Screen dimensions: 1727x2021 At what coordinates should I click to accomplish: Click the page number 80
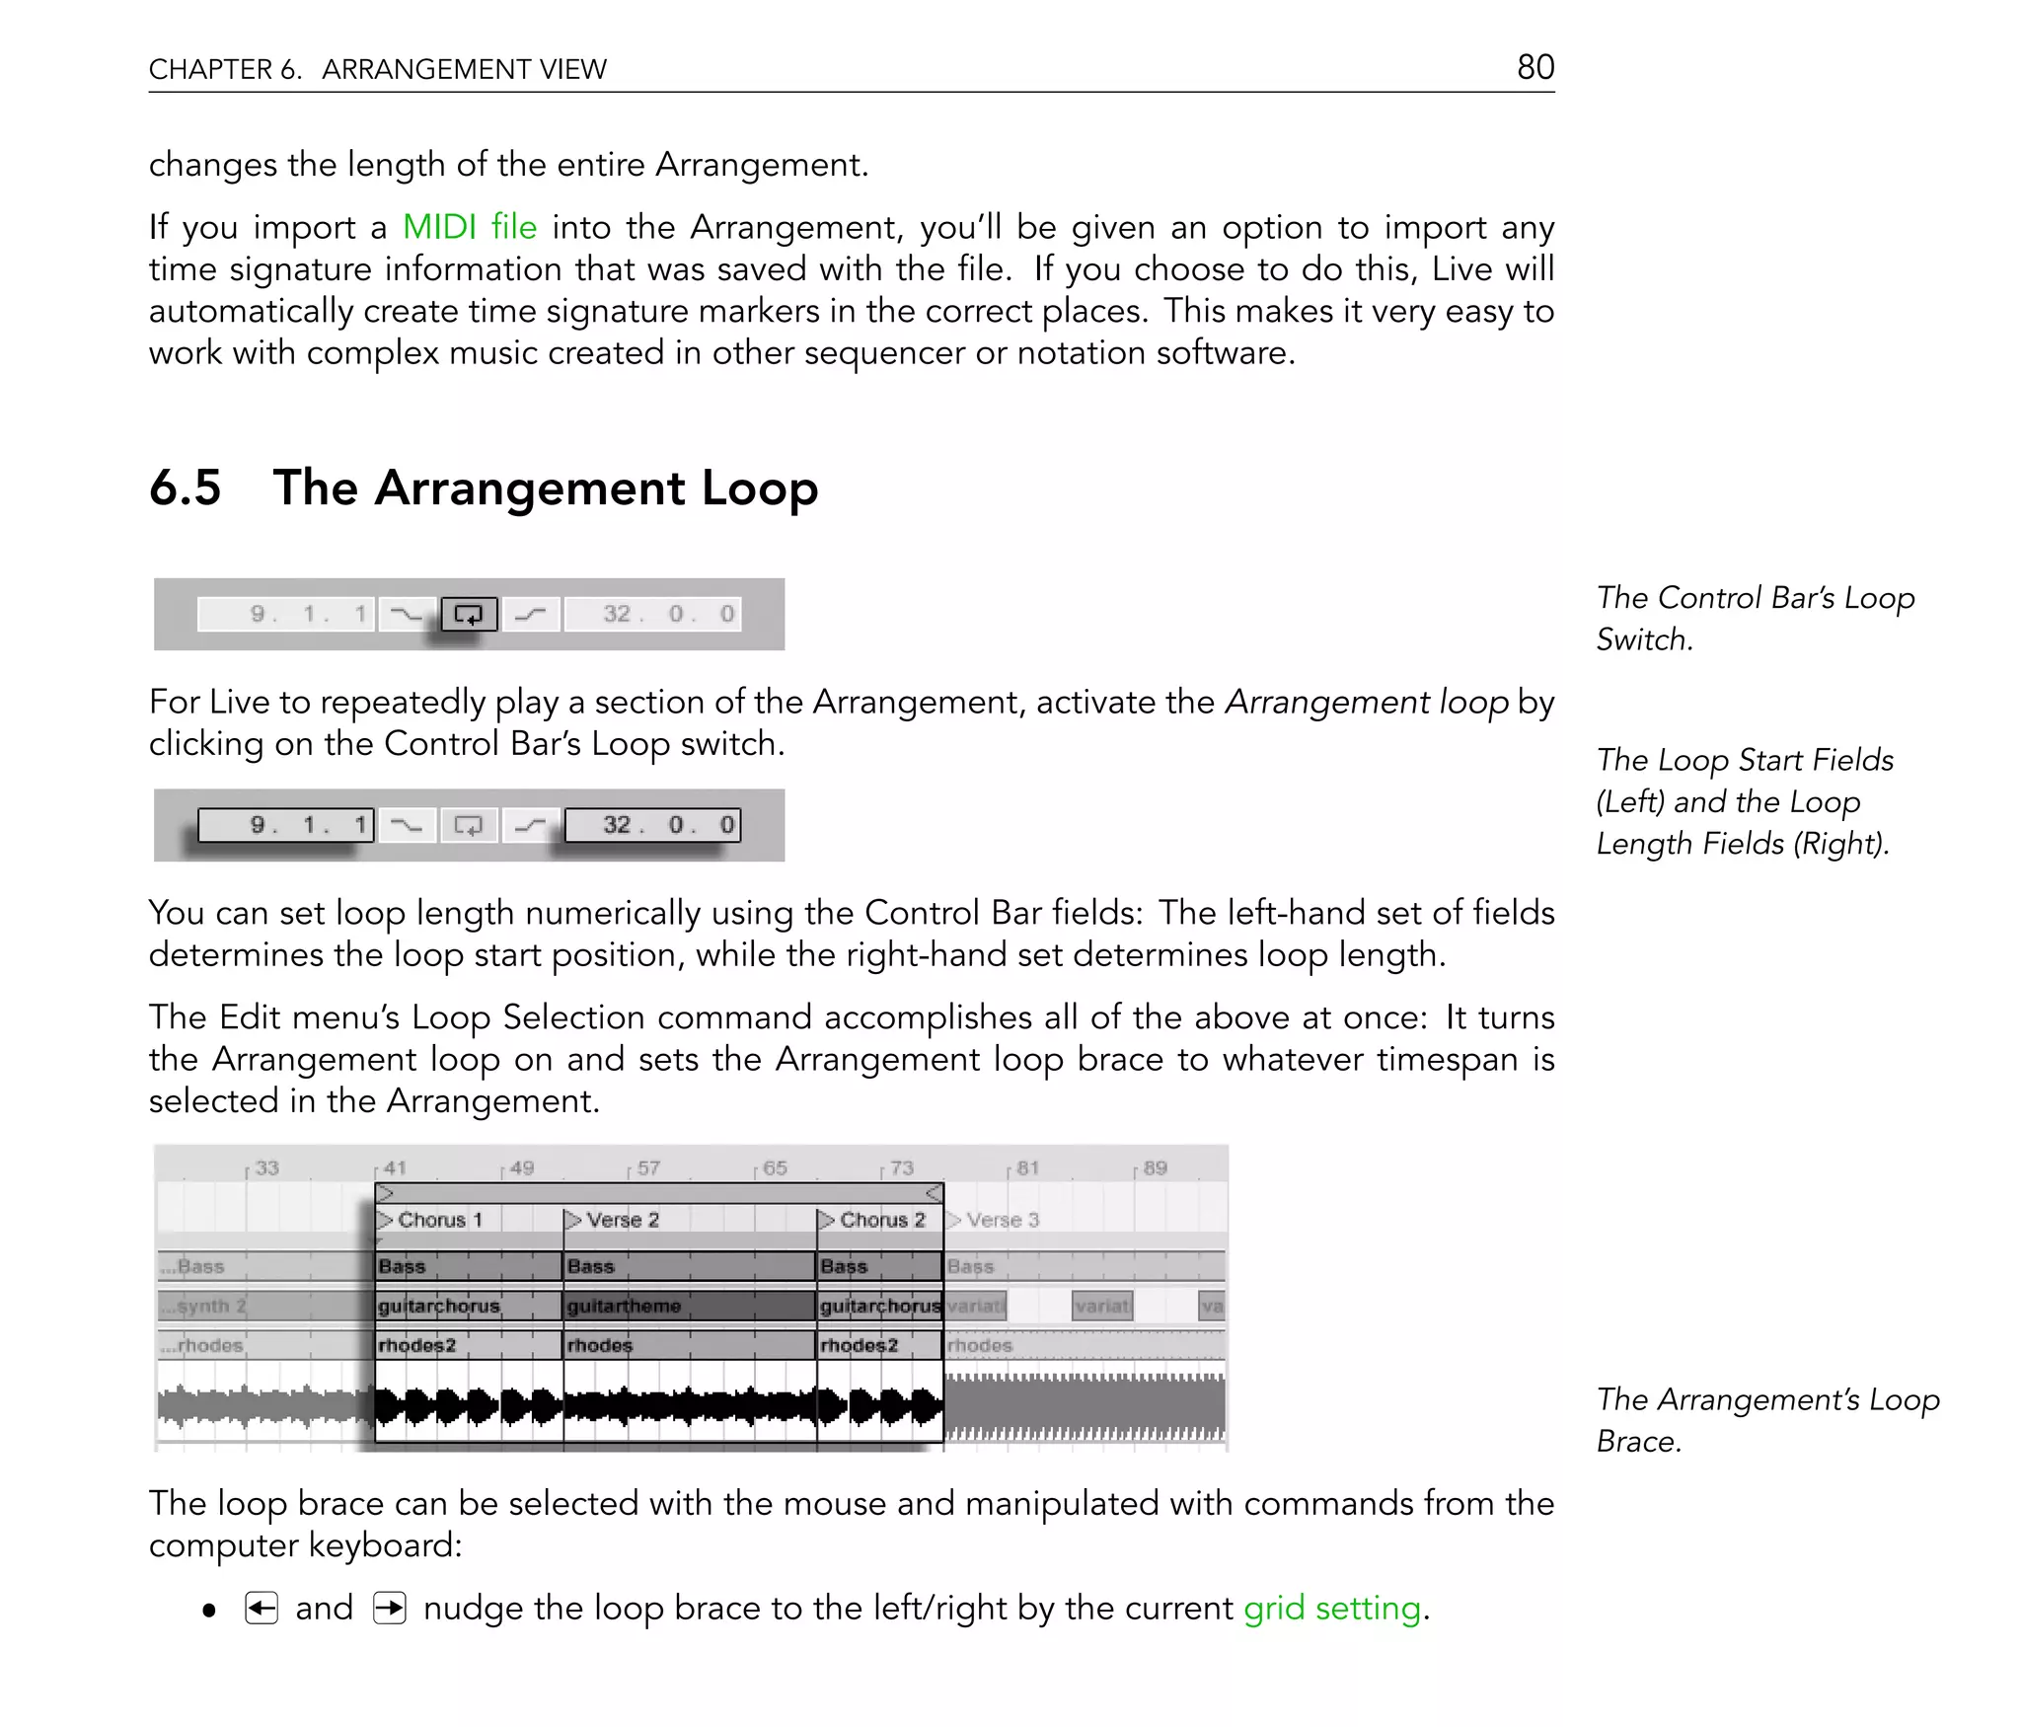tap(1534, 67)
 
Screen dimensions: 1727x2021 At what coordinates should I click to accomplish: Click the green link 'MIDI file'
tap(470, 227)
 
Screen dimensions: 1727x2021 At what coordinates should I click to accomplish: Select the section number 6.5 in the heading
tap(185, 488)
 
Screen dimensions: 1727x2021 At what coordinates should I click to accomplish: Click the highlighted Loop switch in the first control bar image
tap(469, 614)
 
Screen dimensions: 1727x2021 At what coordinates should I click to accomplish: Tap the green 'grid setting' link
tap(1331, 1608)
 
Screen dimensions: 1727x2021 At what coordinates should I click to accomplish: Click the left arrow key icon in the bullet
tap(262, 1609)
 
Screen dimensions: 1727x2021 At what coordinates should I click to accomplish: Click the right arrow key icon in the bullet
tap(390, 1609)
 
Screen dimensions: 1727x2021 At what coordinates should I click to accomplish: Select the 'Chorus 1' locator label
tap(439, 1220)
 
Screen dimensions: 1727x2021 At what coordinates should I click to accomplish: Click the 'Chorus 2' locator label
tap(881, 1220)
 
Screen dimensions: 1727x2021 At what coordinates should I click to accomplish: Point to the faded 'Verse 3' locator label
tap(1002, 1220)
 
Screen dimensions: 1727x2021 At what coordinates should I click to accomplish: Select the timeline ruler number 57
tap(647, 1168)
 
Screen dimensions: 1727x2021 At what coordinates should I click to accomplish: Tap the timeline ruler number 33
tap(266, 1168)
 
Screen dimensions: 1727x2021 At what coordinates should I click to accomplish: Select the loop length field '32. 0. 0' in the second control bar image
tap(652, 825)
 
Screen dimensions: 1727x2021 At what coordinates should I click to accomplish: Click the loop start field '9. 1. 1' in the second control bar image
tap(286, 825)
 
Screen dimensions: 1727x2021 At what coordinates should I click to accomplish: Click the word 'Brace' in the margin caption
tap(1637, 1441)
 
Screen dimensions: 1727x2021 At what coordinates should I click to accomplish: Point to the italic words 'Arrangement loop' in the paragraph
tap(1366, 702)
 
